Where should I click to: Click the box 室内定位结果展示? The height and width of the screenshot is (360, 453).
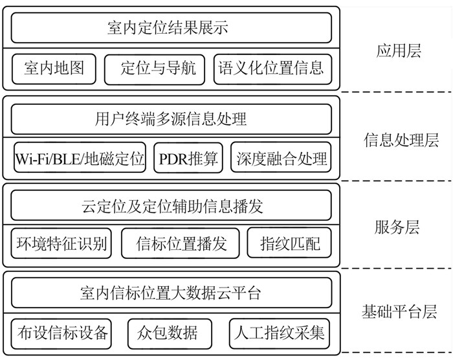171,28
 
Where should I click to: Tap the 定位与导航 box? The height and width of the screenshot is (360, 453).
154,68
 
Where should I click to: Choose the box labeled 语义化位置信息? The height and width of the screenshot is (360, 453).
272,68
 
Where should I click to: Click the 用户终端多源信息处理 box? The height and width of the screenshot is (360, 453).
171,119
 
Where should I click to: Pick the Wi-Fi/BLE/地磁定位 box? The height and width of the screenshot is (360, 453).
80,158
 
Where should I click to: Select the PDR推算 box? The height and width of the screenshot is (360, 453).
188,158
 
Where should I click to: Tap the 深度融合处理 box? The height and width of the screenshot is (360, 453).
282,158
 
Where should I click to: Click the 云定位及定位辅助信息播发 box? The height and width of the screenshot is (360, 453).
171,207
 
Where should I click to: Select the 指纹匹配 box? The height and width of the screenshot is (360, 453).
289,244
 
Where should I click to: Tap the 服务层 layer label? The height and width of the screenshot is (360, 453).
397,227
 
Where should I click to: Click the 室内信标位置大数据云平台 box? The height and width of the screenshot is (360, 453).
171,293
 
